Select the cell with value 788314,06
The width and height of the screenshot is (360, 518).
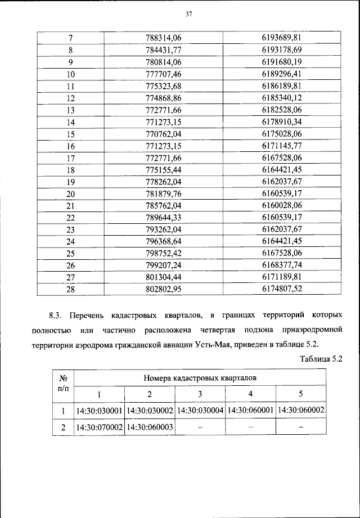[165, 38]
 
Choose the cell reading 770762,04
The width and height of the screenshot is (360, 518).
[165, 133]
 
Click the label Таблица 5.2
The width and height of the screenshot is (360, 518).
[321, 358]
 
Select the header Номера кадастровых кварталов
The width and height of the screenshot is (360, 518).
[200, 377]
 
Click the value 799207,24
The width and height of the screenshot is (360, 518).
[165, 265]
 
